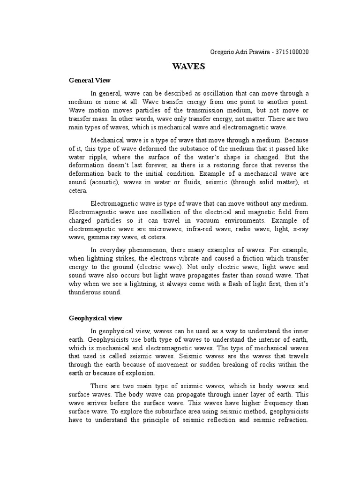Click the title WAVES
[x=189, y=67]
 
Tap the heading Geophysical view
[x=95, y=318]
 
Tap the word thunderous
[x=87, y=292]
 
